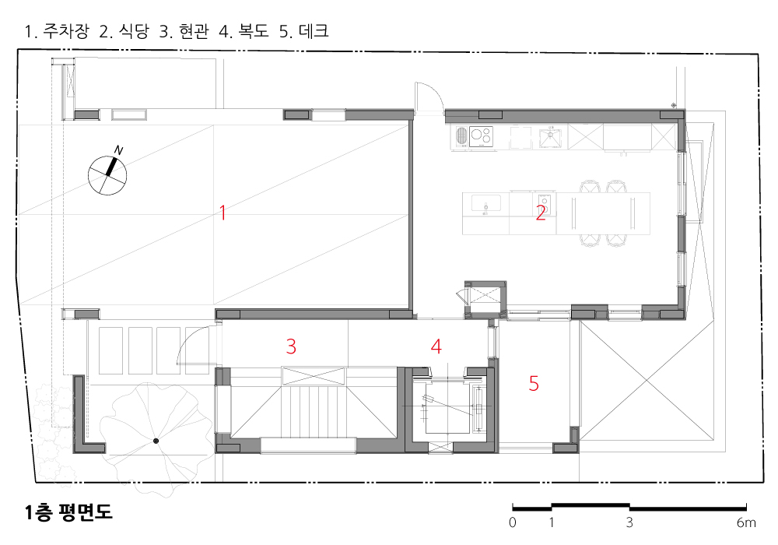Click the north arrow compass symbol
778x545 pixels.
click(x=107, y=174)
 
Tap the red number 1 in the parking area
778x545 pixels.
click(x=223, y=213)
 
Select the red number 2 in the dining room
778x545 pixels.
click(x=541, y=213)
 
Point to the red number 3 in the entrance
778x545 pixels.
click(x=291, y=346)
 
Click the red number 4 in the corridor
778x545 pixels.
click(x=436, y=346)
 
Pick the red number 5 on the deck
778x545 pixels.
click(x=534, y=383)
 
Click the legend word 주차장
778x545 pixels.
click(x=66, y=31)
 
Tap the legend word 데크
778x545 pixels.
click(x=314, y=31)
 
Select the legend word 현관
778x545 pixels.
click(x=194, y=31)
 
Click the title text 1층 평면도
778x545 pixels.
click(x=68, y=512)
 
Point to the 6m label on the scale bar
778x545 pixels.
click(x=746, y=522)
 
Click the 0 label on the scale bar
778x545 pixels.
click(x=513, y=522)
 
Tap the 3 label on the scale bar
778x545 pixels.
click(x=629, y=522)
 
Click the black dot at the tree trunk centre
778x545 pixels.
click(x=156, y=441)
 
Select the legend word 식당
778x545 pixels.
click(x=134, y=31)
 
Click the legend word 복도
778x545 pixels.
click(x=254, y=31)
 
